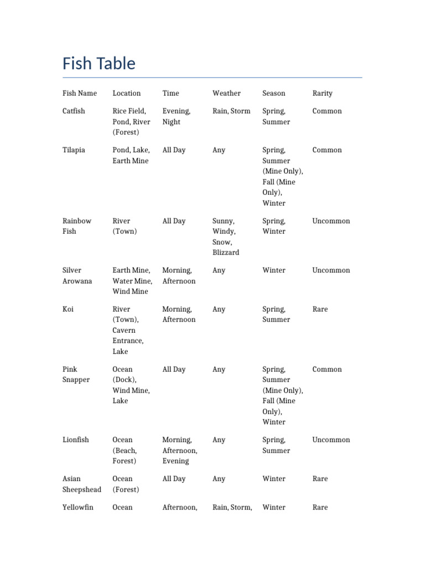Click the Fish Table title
click(x=99, y=64)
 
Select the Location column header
click(x=127, y=93)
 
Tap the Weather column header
click(x=226, y=93)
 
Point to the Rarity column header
click(x=322, y=93)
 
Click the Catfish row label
click(x=74, y=111)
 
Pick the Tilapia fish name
click(x=74, y=150)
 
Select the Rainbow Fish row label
click(x=77, y=226)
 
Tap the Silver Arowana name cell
click(x=77, y=276)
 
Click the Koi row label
click(x=68, y=309)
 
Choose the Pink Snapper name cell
click(x=76, y=374)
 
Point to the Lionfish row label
click(x=75, y=440)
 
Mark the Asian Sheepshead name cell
click(x=81, y=484)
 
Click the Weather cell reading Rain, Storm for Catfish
click(x=231, y=111)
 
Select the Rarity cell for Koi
click(x=320, y=309)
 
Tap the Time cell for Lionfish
click(x=180, y=450)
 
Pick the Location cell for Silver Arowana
click(x=132, y=281)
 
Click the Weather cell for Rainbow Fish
click(x=226, y=236)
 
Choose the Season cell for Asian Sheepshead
click(x=274, y=478)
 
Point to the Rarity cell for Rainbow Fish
click(x=331, y=221)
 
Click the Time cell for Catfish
click(x=176, y=116)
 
